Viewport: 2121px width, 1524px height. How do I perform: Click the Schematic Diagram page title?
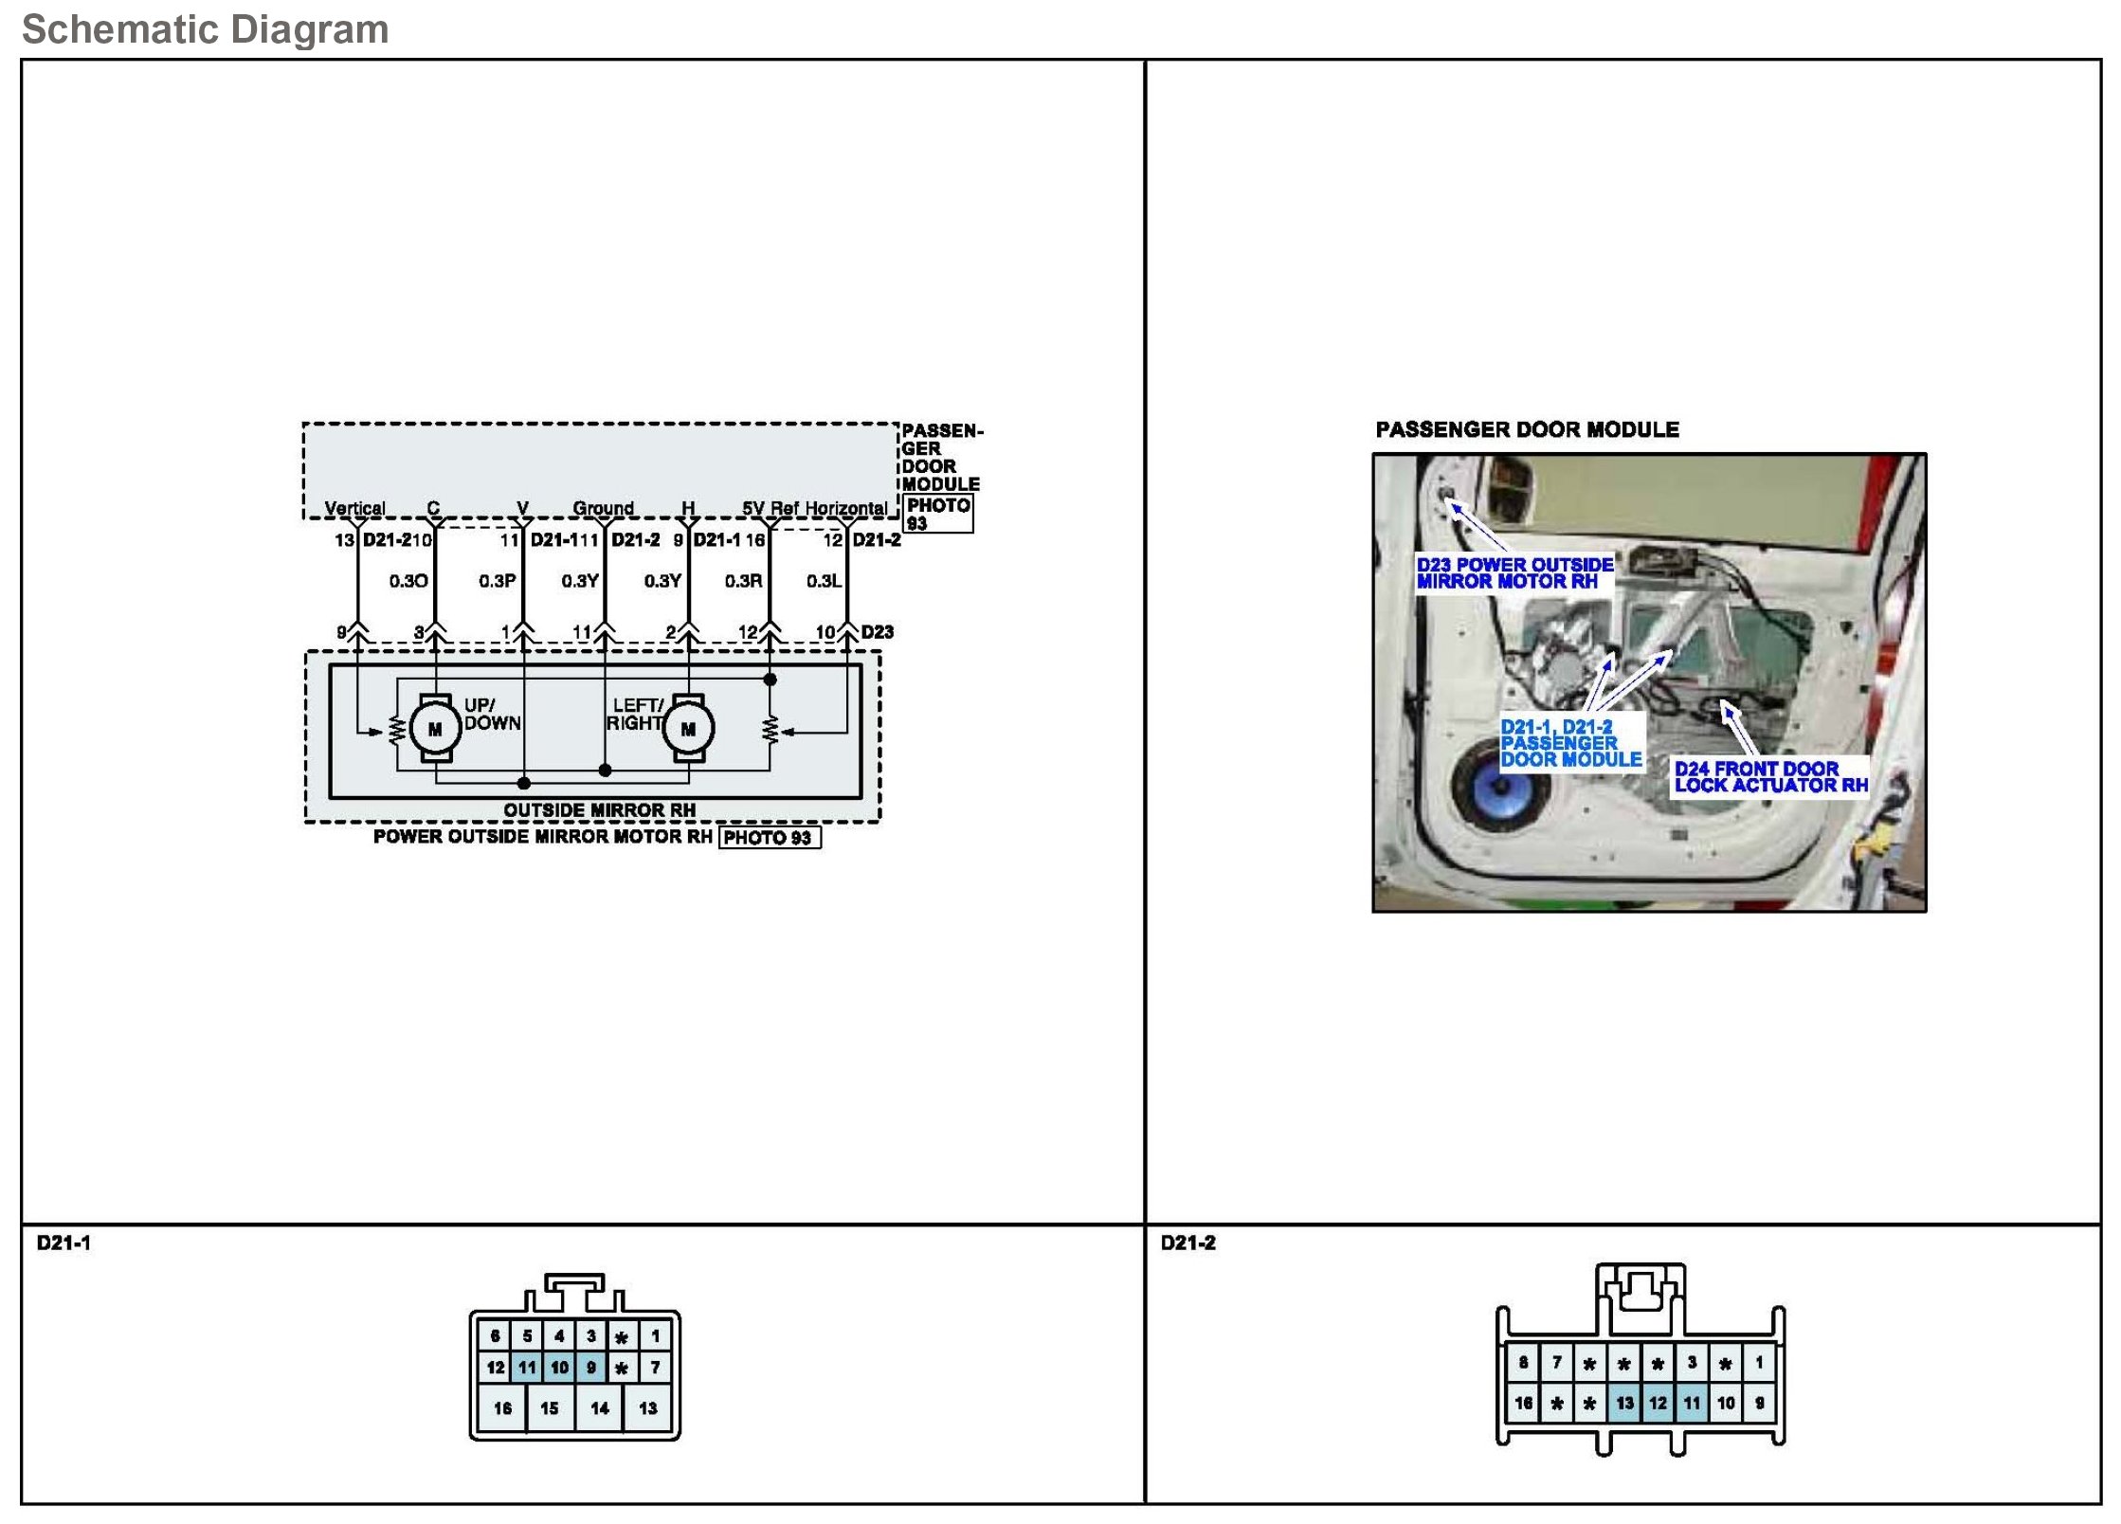click(205, 29)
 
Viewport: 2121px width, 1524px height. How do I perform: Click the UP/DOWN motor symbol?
click(435, 729)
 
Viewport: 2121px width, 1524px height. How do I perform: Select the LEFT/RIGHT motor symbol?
click(688, 729)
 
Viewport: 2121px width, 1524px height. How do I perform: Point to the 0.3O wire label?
click(408, 581)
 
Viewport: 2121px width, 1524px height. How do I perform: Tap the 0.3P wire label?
click(498, 581)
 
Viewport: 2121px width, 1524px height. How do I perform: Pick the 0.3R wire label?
click(744, 581)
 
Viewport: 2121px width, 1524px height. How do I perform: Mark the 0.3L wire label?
click(825, 581)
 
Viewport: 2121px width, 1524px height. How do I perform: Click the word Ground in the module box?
click(603, 508)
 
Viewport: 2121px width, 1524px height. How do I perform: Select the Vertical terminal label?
click(354, 508)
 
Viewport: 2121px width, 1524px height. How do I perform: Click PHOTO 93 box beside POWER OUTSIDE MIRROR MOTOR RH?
click(769, 838)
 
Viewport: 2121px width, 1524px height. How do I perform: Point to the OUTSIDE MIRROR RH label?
click(599, 810)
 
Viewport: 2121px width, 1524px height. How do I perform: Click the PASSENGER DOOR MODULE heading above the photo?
click(1527, 430)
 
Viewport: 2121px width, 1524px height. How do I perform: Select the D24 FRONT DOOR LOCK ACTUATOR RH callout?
click(1769, 777)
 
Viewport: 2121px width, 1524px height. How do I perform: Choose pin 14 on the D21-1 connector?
click(599, 1408)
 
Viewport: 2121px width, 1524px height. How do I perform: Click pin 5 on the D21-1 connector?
click(527, 1336)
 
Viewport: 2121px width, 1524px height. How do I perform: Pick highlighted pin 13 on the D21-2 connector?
click(1624, 1404)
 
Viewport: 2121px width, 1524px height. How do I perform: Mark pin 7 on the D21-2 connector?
click(1556, 1363)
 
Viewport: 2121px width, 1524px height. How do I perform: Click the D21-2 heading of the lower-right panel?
click(1187, 1243)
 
